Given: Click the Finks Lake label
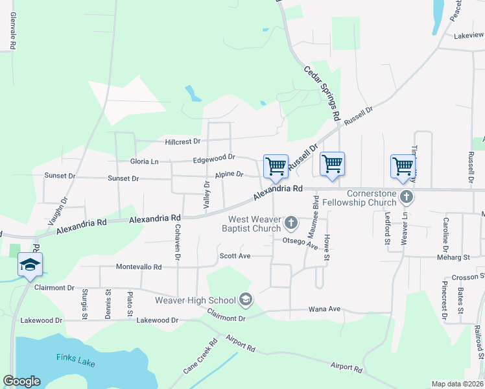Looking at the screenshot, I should (75, 357).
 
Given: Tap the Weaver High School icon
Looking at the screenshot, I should (245, 300).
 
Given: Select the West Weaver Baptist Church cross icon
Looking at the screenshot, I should (291, 224).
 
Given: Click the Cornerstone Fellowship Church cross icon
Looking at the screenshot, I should (407, 196).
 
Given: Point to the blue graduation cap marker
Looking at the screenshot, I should (30, 265).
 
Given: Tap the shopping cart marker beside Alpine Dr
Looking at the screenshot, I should (276, 167).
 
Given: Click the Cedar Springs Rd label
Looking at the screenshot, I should (322, 93).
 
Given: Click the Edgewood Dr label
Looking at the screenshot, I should (213, 158).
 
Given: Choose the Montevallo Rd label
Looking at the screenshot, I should (139, 267).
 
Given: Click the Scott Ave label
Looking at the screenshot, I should (235, 256).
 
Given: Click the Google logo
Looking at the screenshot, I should (21, 381).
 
